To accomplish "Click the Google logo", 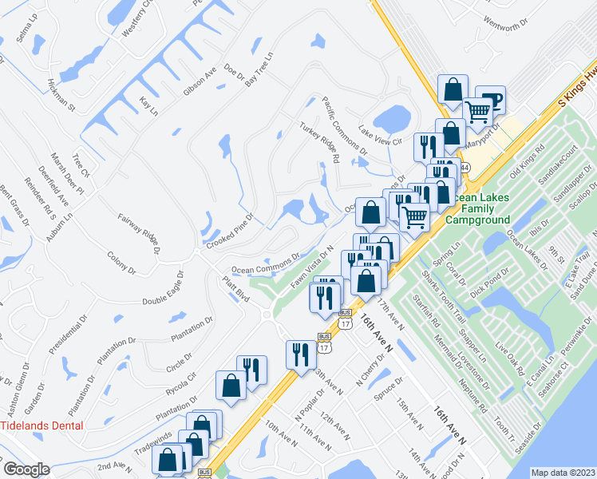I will tap(26, 469).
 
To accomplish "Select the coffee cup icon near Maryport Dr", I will tap(489, 99).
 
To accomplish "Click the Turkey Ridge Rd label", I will tap(320, 143).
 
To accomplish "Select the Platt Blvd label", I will tap(236, 289).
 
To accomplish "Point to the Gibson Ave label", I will tap(200, 82).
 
